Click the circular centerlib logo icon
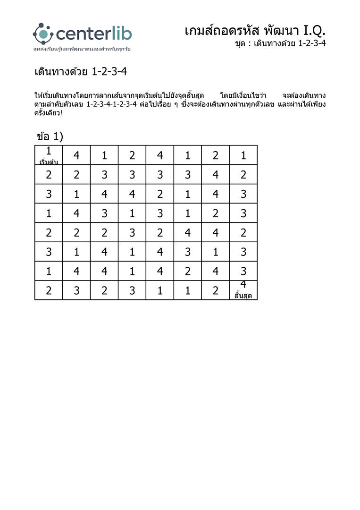pyautogui.click(x=43, y=33)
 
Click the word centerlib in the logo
pyautogui.click(x=94, y=34)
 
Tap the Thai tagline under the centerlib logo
pyautogui.click(x=82, y=49)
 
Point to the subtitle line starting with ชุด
pyautogui.click(x=280, y=43)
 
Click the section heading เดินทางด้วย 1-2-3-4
pyautogui.click(x=81, y=72)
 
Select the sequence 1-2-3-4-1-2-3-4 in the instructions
pyautogui.click(x=111, y=104)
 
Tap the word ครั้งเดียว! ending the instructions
pyautogui.click(x=48, y=113)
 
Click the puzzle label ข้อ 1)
pyautogui.click(x=50, y=136)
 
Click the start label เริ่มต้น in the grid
pyautogui.click(x=49, y=162)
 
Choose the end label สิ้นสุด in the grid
pyautogui.click(x=243, y=296)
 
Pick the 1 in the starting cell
pyautogui.click(x=49, y=151)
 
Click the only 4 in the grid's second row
pyautogui.click(x=216, y=175)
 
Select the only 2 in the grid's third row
pyautogui.click(x=160, y=194)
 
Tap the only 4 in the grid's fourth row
pyautogui.click(x=76, y=213)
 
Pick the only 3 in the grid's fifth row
pyautogui.click(x=132, y=233)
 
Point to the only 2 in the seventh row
pyautogui.click(x=188, y=272)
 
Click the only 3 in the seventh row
pyautogui.click(x=243, y=272)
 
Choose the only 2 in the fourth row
pyautogui.click(x=216, y=213)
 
